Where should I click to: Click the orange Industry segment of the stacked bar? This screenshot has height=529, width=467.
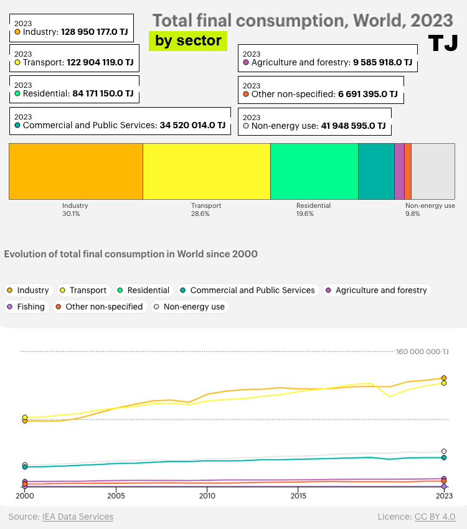pyautogui.click(x=75, y=171)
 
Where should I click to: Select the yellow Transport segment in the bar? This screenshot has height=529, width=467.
pyautogui.click(x=206, y=171)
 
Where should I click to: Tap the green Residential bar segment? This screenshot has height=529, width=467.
pyautogui.click(x=314, y=171)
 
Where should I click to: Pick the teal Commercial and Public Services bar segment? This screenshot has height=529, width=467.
pyautogui.click(x=376, y=171)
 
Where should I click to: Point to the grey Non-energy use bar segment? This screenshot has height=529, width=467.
pyautogui.click(x=433, y=171)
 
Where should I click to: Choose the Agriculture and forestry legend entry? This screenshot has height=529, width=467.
pyautogui.click(x=377, y=290)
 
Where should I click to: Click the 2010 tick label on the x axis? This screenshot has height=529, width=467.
pyautogui.click(x=207, y=497)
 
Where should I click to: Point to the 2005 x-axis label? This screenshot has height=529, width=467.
pyautogui.click(x=116, y=497)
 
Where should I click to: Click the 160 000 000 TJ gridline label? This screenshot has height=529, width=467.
pyautogui.click(x=422, y=352)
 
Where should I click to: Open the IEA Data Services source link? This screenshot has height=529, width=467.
pyautogui.click(x=77, y=517)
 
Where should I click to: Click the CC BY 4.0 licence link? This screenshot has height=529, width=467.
pyautogui.click(x=435, y=517)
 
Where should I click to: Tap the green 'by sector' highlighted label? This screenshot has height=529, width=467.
pyautogui.click(x=188, y=41)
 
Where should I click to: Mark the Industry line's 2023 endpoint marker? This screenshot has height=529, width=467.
pyautogui.click(x=444, y=378)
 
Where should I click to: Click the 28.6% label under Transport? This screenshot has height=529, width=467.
pyautogui.click(x=200, y=213)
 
